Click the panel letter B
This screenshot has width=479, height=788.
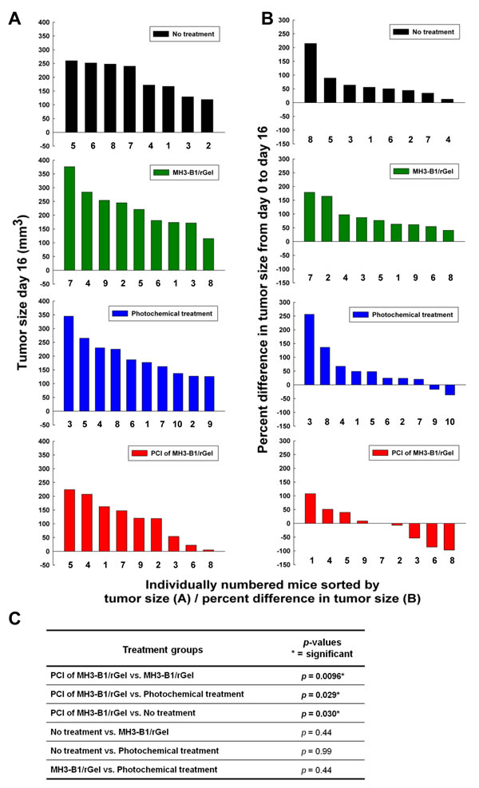(268, 14)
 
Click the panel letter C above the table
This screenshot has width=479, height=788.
(14, 616)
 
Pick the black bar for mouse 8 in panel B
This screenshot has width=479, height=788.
(311, 73)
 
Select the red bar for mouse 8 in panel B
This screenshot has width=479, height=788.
(449, 537)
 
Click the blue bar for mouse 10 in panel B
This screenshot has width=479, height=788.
(449, 390)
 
